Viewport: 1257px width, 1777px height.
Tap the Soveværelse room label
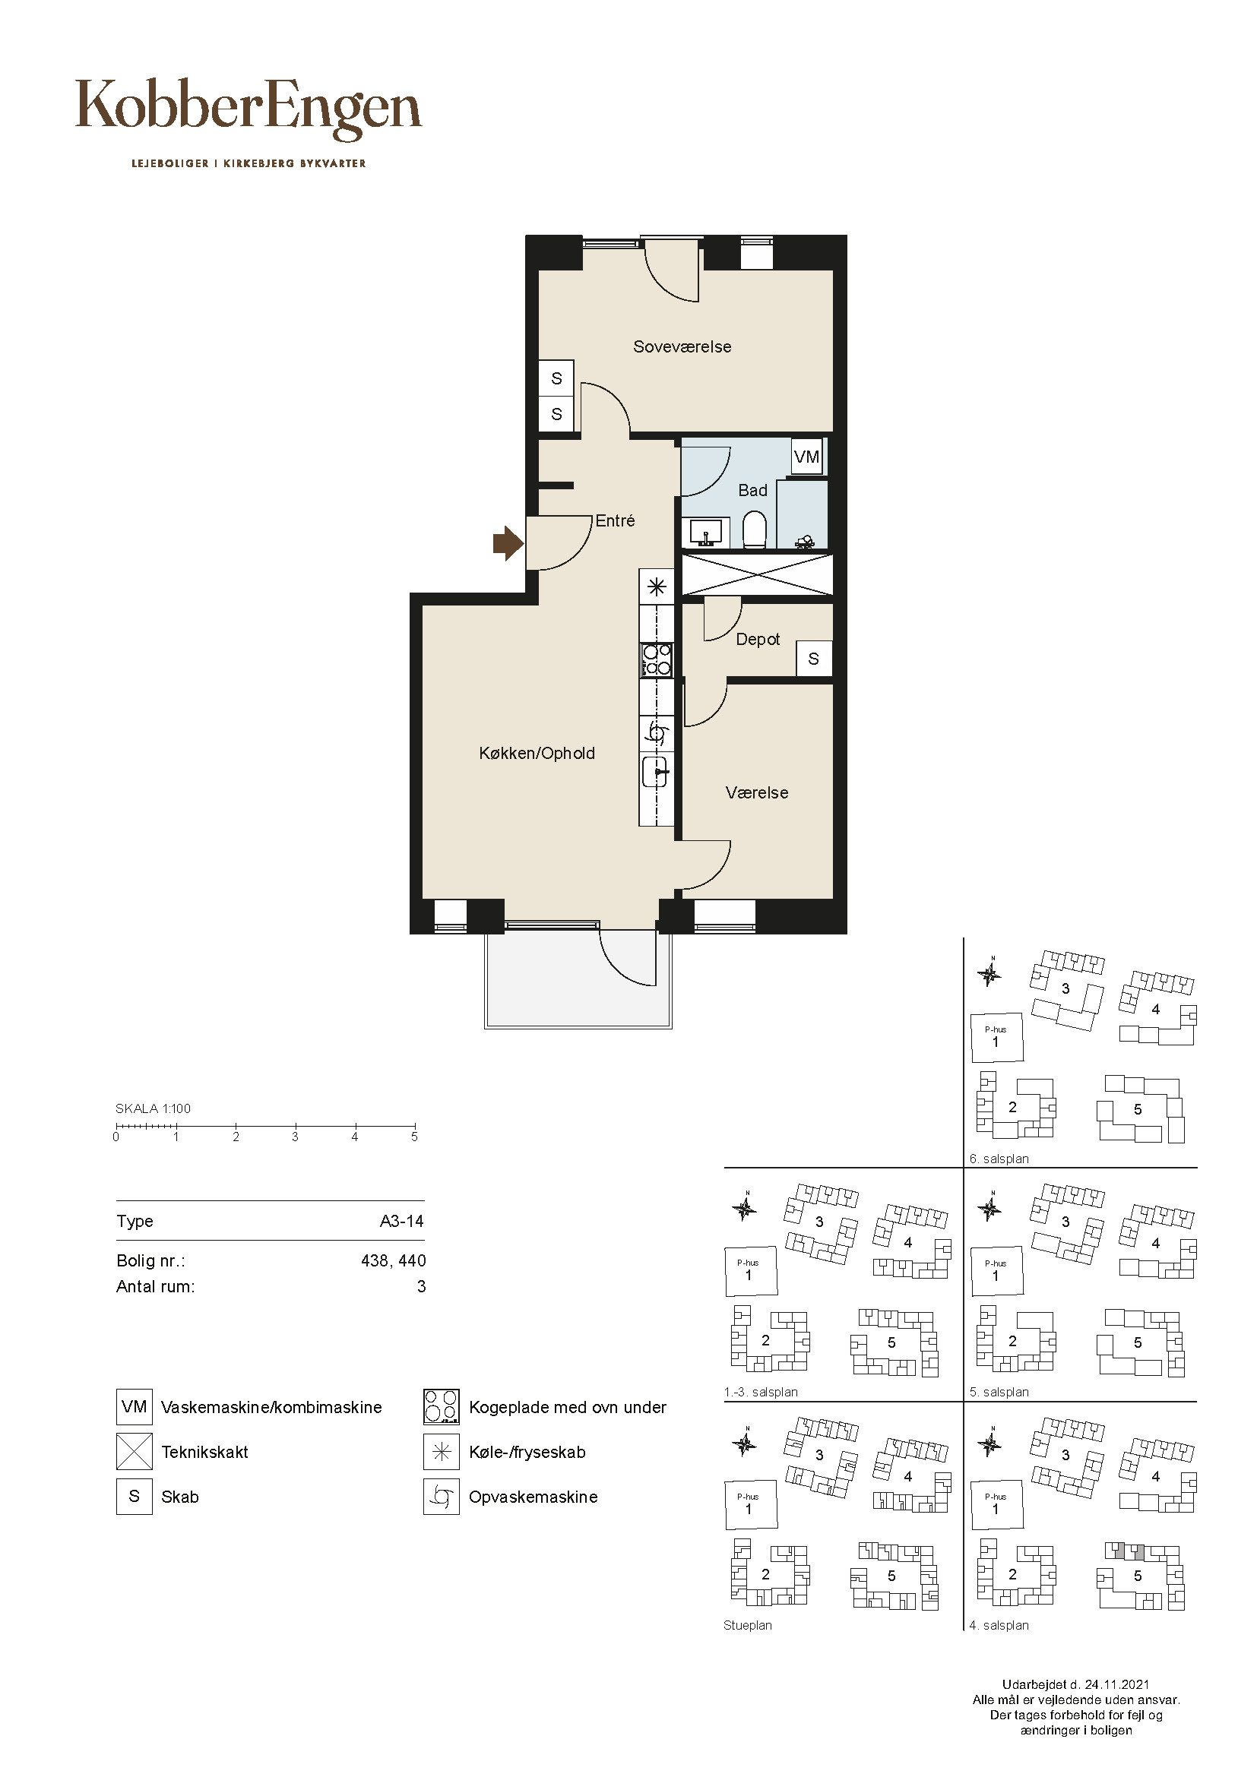[682, 346]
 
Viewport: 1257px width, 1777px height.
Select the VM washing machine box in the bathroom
[806, 457]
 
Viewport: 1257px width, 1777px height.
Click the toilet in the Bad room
[754, 530]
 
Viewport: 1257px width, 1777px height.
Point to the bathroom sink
[705, 533]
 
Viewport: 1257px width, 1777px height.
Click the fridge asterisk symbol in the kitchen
[657, 586]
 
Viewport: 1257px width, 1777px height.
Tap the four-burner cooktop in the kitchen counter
[657, 659]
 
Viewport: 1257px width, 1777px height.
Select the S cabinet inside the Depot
[813, 659]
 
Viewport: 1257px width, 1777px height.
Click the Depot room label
[758, 639]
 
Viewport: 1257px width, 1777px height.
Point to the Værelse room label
[757, 792]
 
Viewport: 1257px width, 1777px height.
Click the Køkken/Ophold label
[537, 753]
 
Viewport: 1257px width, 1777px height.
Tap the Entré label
[616, 521]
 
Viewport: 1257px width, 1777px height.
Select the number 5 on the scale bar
[414, 1137]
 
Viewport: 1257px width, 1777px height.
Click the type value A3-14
[402, 1222]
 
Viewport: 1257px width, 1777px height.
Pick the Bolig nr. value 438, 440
[393, 1261]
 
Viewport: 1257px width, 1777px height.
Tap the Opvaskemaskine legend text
[534, 1497]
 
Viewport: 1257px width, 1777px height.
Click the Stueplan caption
[748, 1625]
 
